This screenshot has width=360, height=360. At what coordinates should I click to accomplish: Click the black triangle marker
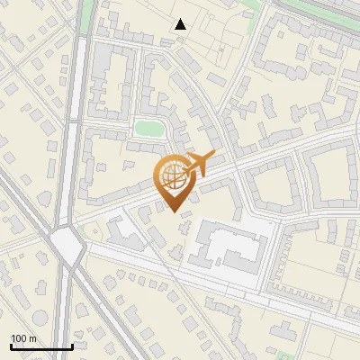pos(181,24)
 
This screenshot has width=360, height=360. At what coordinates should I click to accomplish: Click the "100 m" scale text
pos(24,338)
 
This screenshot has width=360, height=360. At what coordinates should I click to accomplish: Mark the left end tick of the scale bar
pos(11,346)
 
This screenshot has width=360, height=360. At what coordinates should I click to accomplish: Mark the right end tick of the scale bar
pos(72,346)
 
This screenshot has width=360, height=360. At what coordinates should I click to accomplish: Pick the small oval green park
pos(148,129)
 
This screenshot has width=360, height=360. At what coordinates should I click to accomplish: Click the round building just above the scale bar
pos(81,311)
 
